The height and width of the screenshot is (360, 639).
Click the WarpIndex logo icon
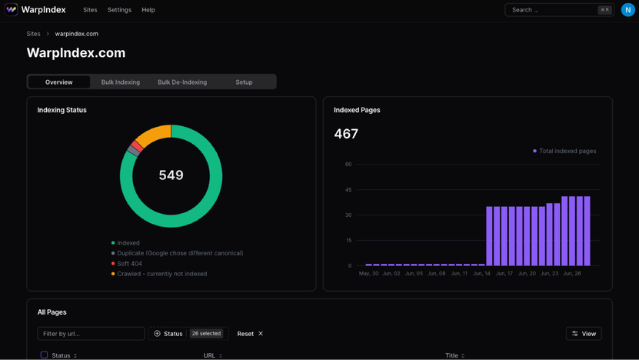point(12,10)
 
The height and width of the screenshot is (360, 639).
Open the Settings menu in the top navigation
point(119,10)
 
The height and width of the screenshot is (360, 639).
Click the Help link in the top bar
point(148,10)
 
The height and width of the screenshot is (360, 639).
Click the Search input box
point(550,10)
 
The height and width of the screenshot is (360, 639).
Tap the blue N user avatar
point(628,10)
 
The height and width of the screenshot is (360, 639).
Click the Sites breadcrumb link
point(33,34)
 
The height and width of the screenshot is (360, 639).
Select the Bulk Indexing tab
point(121,82)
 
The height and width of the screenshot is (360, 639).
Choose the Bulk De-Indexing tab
point(182,82)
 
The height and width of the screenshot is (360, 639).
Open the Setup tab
point(244,82)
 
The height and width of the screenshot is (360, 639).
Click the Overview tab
point(59,82)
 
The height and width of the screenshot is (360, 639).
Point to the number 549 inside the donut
point(171,175)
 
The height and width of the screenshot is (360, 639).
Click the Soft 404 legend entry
point(129,264)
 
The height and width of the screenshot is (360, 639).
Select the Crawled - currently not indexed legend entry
point(161,274)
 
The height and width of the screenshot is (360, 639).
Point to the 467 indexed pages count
point(346,134)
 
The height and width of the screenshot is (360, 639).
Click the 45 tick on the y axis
point(348,190)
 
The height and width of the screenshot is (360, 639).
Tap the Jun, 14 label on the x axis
point(481,273)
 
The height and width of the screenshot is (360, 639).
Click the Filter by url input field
point(91,334)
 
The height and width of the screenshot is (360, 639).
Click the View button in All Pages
point(584,334)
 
